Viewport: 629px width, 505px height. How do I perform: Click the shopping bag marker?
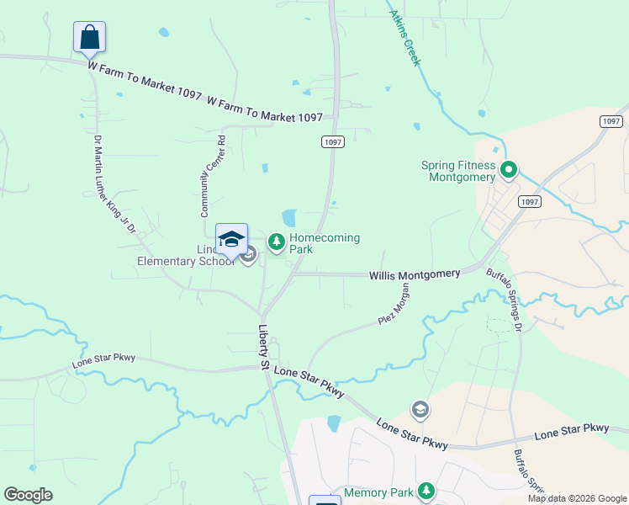coord(90,38)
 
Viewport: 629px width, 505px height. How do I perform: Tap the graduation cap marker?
coord(231,239)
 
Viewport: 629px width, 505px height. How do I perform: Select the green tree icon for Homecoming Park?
coord(276,242)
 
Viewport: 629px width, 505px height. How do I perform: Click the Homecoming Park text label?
coord(325,244)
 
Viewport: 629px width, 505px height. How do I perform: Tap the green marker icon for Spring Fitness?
coord(508,171)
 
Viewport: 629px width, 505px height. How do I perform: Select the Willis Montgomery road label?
coord(415,274)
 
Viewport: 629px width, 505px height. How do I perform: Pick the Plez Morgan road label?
coord(394,304)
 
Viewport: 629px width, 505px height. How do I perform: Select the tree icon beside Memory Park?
coord(426,490)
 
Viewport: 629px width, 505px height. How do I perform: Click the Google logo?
coord(28,495)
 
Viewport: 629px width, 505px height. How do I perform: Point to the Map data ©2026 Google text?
coord(577,498)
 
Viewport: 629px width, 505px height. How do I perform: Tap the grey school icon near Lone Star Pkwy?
coord(419,410)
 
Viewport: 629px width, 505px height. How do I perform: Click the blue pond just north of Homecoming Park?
coord(289,218)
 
